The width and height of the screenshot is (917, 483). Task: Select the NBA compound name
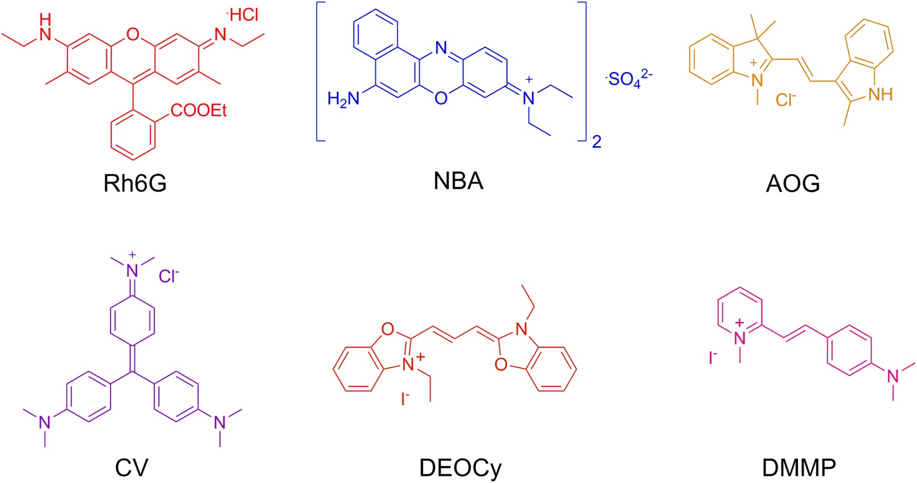[x=458, y=182]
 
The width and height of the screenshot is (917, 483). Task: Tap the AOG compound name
[x=793, y=183]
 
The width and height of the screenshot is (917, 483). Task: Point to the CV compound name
[x=132, y=467]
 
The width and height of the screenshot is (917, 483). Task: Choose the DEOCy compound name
[x=460, y=467]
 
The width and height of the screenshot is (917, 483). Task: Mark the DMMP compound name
[x=799, y=467]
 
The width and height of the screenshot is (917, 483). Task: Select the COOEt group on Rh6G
[x=199, y=111]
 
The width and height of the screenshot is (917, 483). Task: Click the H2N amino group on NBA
[x=342, y=99]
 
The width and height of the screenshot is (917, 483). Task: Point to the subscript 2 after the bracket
[x=596, y=142]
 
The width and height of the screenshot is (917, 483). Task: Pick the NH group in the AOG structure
[x=880, y=94]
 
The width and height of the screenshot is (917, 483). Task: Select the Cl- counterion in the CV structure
[x=169, y=276]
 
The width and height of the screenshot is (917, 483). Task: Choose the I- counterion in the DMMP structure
[x=713, y=358]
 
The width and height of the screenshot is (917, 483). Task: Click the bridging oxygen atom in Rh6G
[x=132, y=35]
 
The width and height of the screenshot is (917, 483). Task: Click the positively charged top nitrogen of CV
[x=132, y=270]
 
